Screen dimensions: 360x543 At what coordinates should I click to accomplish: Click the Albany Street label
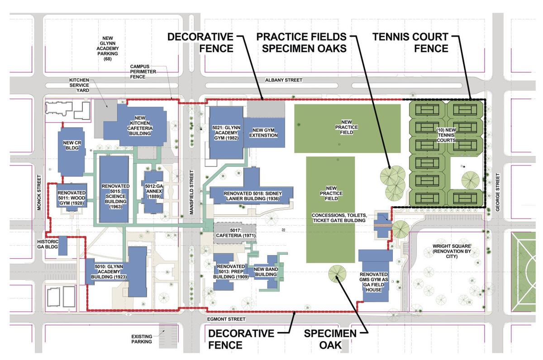[x=284, y=80]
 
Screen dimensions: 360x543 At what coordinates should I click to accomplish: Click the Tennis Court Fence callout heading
[x=410, y=42]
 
